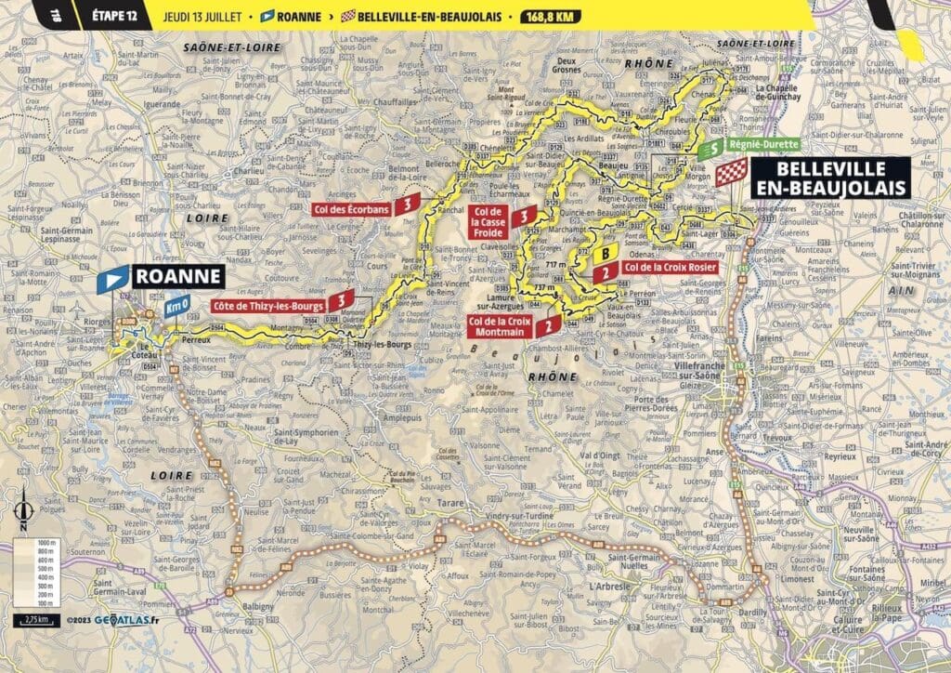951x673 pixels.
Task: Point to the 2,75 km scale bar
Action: (33, 618)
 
